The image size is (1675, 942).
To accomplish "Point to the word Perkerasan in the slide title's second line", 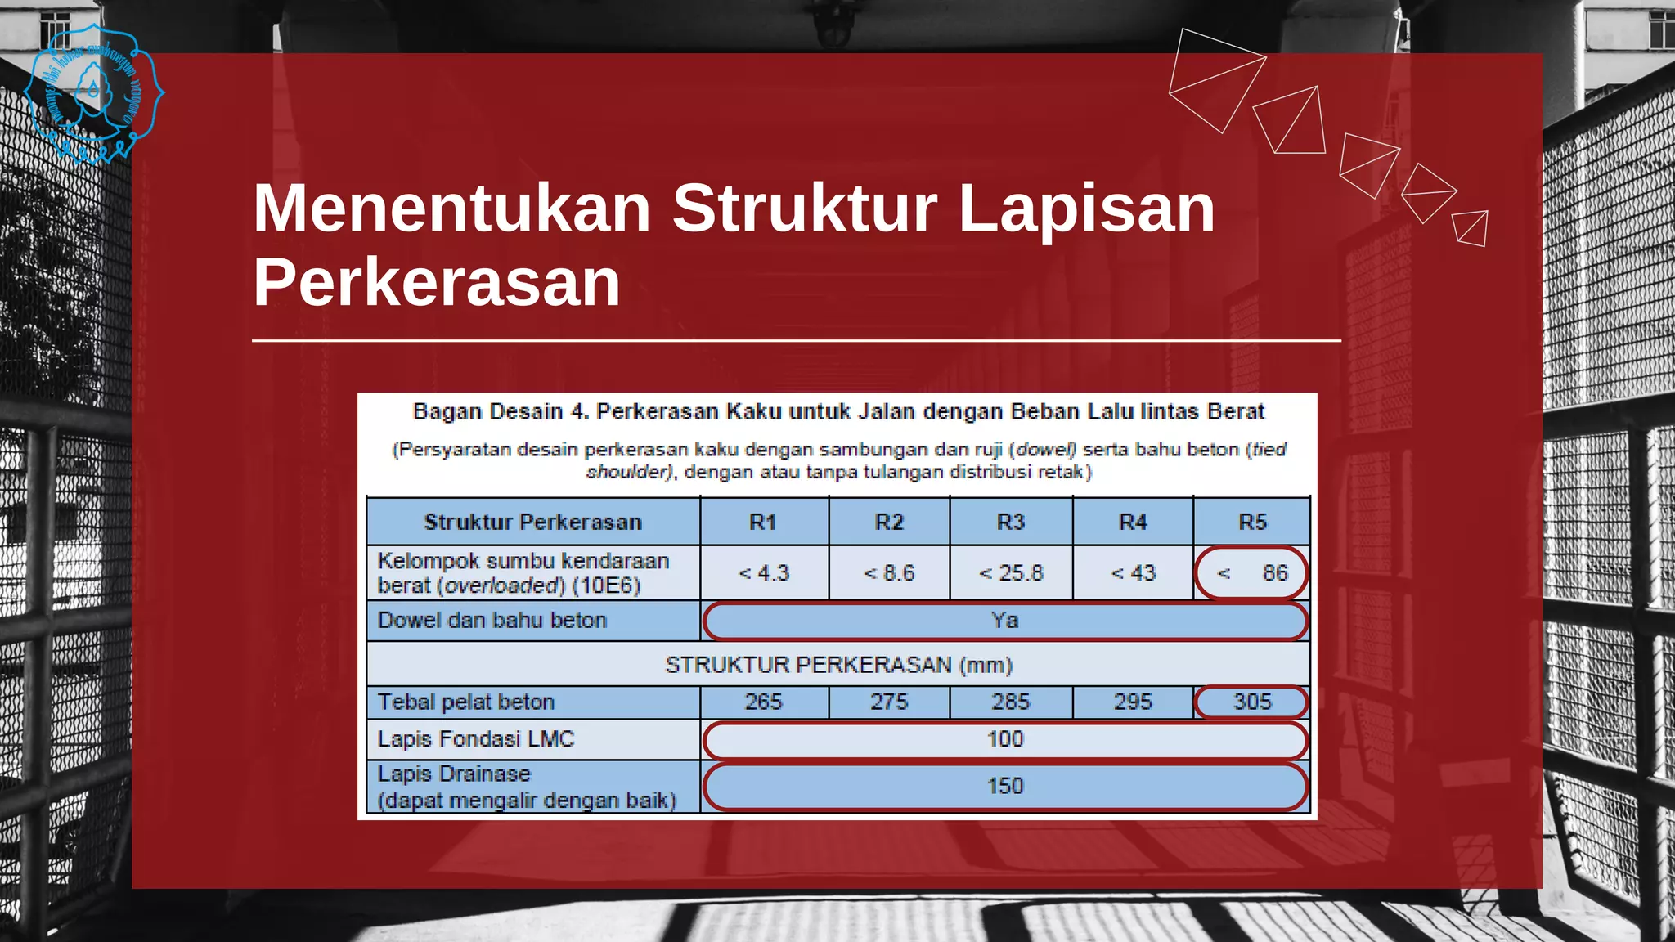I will [437, 282].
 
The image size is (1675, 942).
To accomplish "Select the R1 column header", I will [763, 522].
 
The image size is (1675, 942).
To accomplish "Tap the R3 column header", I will [1011, 522].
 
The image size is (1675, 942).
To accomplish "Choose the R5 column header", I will [1252, 522].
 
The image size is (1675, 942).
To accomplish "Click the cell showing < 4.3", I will [764, 573].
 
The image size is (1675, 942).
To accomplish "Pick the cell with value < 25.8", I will [1011, 573].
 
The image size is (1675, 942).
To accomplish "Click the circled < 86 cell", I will [1251, 573].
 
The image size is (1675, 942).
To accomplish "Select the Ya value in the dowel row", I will [1005, 621].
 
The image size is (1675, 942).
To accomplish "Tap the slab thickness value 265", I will [763, 702].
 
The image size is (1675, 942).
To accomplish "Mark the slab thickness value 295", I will [1133, 702].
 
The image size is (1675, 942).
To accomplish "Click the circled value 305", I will [1252, 702].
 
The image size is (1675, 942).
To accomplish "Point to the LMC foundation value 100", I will [1005, 739].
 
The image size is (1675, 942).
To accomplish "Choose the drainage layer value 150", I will [1005, 786].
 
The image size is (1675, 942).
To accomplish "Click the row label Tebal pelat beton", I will [466, 702].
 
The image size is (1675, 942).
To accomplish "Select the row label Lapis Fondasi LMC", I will [476, 739].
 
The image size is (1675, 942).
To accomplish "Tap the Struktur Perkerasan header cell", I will [532, 522].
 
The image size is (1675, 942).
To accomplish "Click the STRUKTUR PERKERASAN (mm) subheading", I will [838, 665].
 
